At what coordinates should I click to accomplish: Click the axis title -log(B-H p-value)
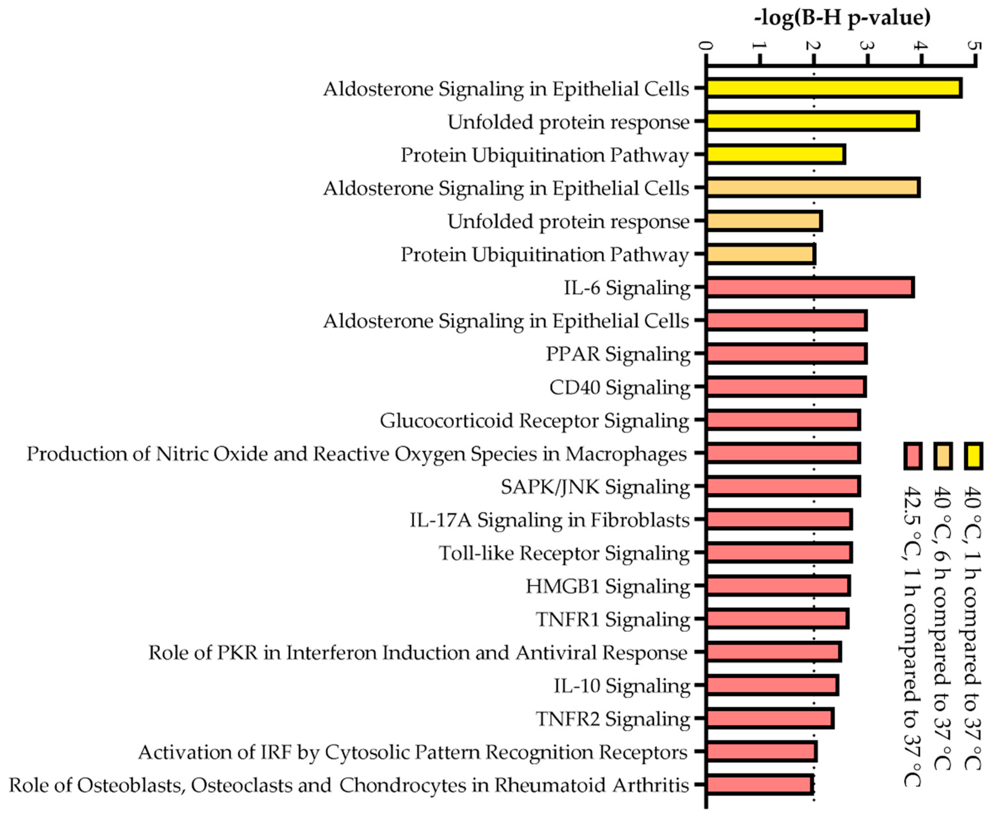click(x=842, y=18)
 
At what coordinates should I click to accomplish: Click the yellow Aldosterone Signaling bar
click(x=833, y=89)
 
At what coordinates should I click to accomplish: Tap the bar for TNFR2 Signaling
click(x=770, y=719)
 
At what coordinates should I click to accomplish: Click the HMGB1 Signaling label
click(x=607, y=586)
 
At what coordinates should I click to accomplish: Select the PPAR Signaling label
click(x=618, y=354)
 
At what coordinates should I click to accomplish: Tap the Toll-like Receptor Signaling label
click(x=564, y=553)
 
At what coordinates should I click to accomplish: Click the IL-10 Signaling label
click(x=621, y=686)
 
